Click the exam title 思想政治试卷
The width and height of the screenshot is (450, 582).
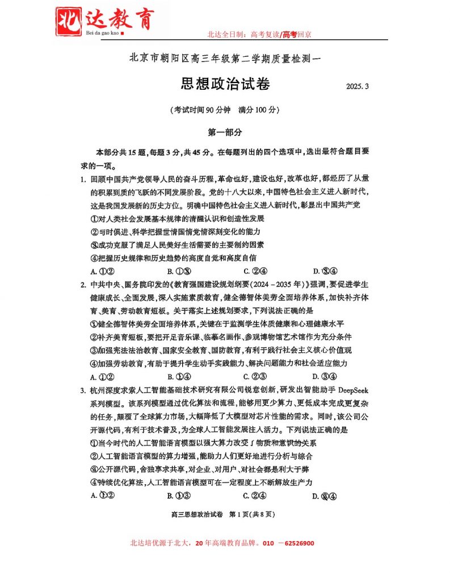pos(225,84)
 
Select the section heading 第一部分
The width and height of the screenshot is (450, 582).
pos(225,132)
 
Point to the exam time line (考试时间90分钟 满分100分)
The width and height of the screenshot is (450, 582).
pos(225,109)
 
